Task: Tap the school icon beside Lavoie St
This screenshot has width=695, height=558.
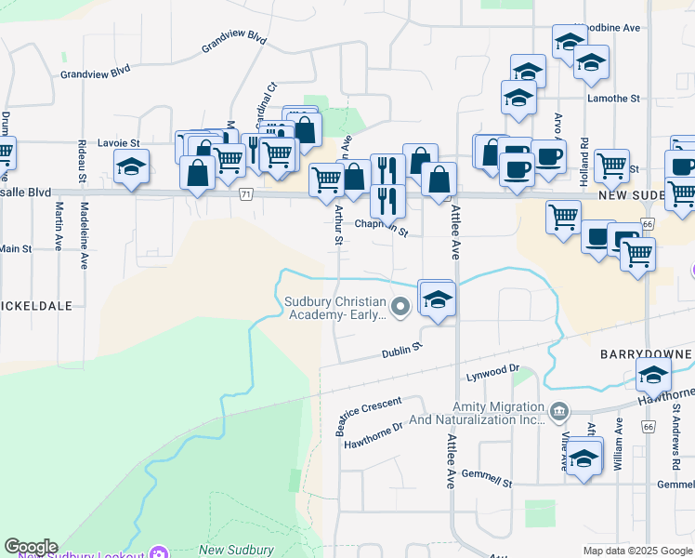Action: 132,167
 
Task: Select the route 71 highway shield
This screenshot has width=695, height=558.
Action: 245,193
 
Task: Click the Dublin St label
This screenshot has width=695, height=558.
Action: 402,351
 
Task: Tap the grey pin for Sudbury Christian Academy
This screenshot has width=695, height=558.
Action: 400,306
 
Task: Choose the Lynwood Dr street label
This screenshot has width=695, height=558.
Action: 492,371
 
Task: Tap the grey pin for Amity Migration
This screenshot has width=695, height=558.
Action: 558,410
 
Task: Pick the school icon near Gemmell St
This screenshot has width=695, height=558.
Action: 584,458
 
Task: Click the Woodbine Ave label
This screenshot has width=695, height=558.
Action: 608,28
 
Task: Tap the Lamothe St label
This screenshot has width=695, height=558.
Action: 612,97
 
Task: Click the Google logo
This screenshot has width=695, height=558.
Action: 31,547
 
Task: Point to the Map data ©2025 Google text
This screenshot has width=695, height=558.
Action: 636,551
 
